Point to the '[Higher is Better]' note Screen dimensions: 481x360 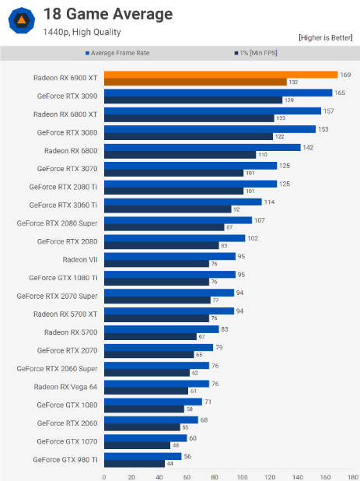tap(326, 37)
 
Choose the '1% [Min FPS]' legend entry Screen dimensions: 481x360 tap(257, 54)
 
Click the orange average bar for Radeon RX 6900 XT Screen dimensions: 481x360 tap(220, 74)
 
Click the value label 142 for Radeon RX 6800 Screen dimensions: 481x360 tap(308, 147)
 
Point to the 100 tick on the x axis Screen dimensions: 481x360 tap(242, 477)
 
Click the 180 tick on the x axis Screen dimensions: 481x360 tap(352, 477)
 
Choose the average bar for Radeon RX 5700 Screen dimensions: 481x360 tap(160, 331)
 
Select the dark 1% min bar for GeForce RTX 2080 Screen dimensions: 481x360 tap(161, 245)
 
